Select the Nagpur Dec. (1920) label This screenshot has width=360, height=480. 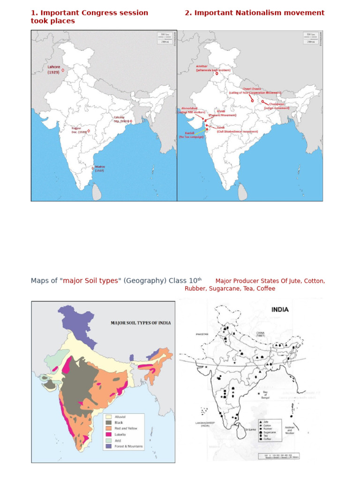coord(79,130)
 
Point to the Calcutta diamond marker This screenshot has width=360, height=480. coord(131,121)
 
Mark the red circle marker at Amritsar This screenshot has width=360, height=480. coord(217,74)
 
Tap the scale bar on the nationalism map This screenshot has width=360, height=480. coord(309,38)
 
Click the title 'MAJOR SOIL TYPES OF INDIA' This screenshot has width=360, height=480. coord(141,323)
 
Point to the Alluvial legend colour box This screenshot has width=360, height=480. coord(108,416)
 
